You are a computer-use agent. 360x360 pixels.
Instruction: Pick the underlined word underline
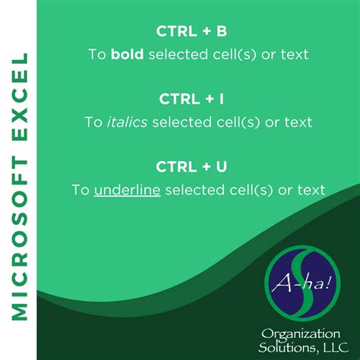tap(127, 189)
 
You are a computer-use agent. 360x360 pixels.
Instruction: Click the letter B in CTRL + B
tap(222, 32)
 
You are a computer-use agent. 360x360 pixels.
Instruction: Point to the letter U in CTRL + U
tap(221, 166)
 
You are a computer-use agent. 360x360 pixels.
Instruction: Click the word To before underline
tap(81, 189)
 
